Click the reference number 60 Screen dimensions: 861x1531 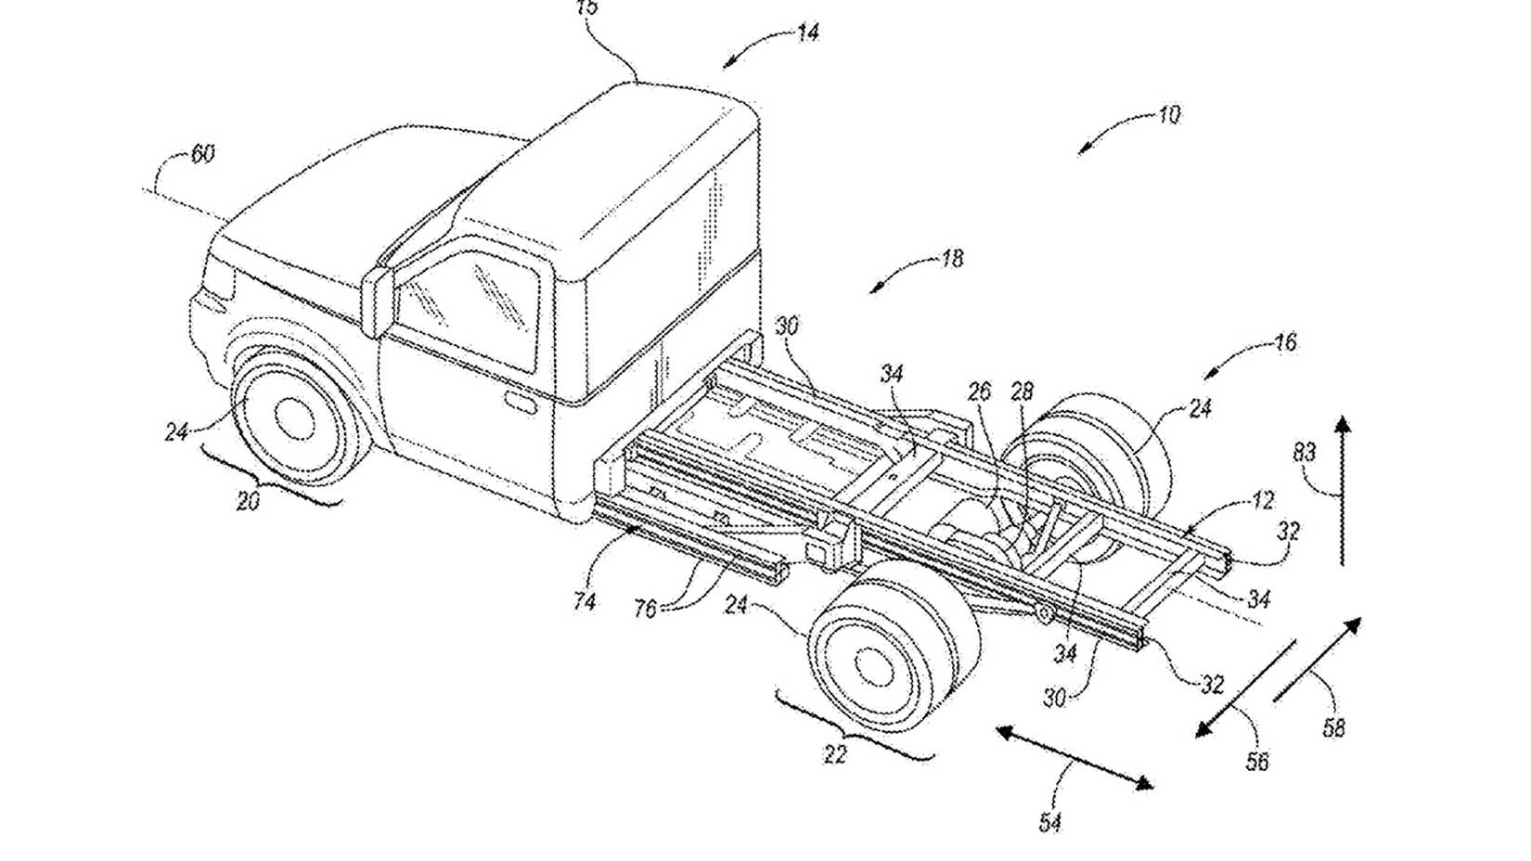[202, 153]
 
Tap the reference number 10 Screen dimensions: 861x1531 [1168, 115]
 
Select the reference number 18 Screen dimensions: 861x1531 [951, 258]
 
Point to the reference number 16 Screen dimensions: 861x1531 [1284, 342]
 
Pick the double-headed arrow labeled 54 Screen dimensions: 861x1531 [1074, 758]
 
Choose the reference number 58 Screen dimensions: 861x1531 [1332, 728]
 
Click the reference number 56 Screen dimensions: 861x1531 [1256, 762]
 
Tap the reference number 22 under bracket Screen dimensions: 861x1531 [835, 755]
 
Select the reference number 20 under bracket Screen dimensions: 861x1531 [247, 501]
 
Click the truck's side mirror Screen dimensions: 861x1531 [377, 302]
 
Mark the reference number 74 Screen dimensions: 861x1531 [584, 601]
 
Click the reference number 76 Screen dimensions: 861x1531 [644, 609]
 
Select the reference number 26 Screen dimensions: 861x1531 [979, 392]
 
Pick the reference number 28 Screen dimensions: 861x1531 [1021, 392]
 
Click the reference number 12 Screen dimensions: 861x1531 [1262, 501]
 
